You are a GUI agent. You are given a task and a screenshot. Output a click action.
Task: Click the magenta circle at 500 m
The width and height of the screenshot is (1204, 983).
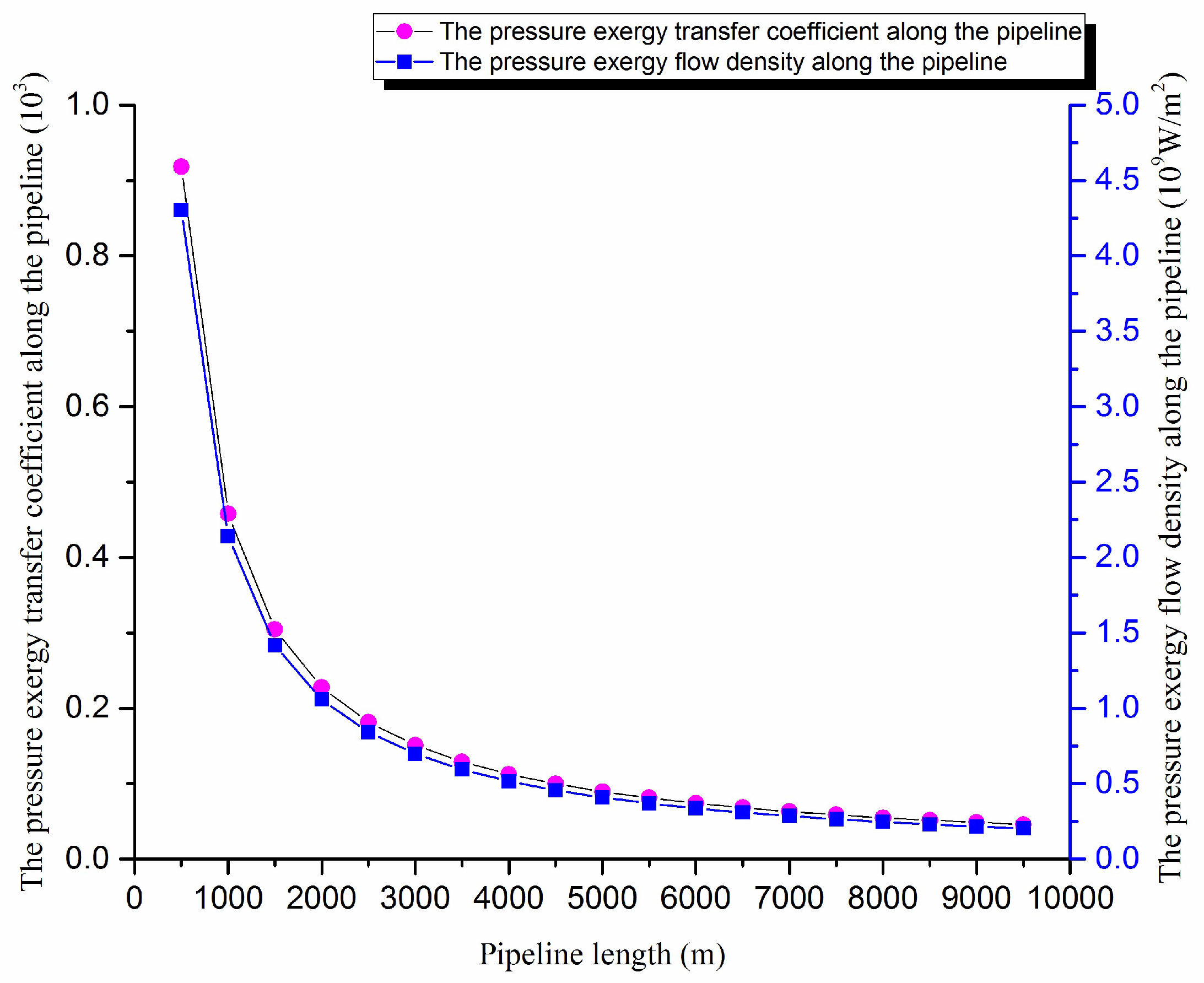(x=181, y=166)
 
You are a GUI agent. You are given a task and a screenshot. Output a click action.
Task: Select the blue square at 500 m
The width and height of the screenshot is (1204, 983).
(x=181, y=210)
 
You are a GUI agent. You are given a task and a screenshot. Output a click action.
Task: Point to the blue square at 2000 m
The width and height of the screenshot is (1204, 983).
(x=322, y=699)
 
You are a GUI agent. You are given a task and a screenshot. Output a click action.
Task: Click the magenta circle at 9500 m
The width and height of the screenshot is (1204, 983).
(x=1023, y=824)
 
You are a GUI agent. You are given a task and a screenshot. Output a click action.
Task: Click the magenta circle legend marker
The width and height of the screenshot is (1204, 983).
(x=404, y=31)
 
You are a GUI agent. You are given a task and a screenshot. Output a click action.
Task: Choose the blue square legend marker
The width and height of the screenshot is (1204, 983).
(x=404, y=61)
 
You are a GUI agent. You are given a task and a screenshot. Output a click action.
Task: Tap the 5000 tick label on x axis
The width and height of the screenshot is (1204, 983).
(x=602, y=898)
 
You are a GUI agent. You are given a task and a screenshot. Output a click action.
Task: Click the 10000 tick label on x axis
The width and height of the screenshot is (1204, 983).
(x=1070, y=898)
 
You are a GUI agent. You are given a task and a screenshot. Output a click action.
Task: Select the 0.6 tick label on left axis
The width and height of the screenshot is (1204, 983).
(x=87, y=407)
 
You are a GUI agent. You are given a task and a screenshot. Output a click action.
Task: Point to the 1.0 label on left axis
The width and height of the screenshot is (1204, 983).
(x=87, y=105)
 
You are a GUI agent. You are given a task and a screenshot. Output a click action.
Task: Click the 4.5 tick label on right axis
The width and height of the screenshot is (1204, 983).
(x=1117, y=181)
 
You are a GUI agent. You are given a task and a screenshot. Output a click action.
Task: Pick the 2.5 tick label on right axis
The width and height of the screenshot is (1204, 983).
(x=1117, y=482)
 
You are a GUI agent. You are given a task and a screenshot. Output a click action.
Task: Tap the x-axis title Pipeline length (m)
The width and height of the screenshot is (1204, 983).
(x=602, y=955)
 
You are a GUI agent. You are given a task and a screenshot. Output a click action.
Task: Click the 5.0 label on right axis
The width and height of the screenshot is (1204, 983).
(x=1117, y=105)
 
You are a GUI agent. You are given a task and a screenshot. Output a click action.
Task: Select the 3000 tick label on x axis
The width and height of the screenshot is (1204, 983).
(x=415, y=898)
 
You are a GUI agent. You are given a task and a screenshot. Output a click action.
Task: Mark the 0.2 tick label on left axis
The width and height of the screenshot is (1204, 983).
(x=87, y=708)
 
